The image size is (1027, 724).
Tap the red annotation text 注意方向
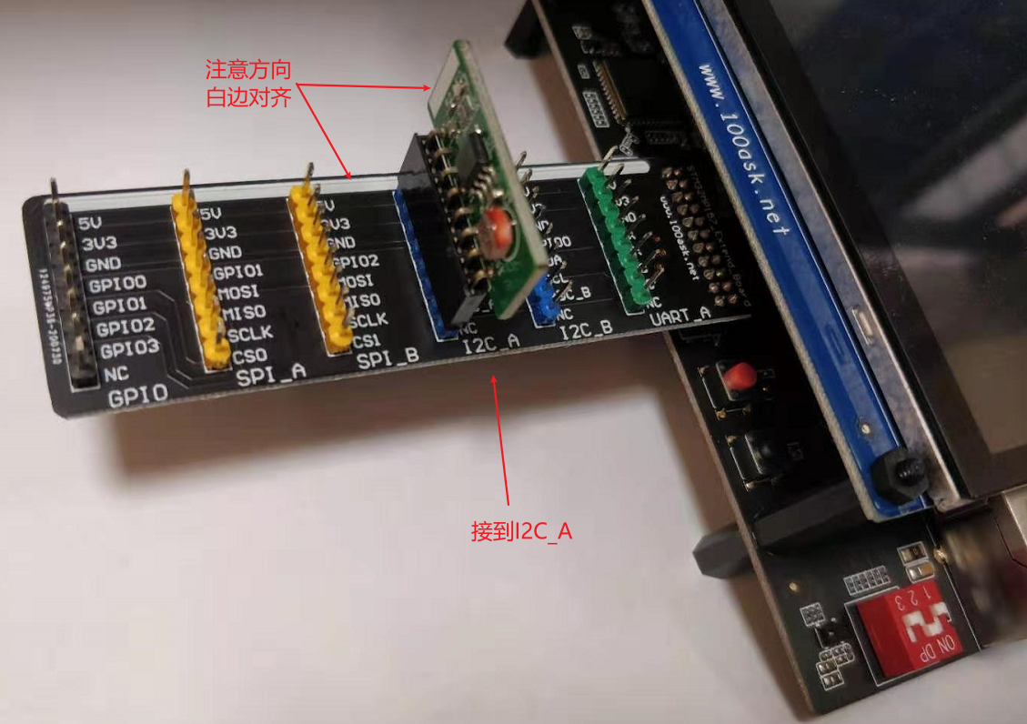(248, 70)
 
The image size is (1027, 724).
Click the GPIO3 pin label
(129, 349)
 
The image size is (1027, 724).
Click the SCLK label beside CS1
(368, 319)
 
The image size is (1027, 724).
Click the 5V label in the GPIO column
(90, 222)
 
